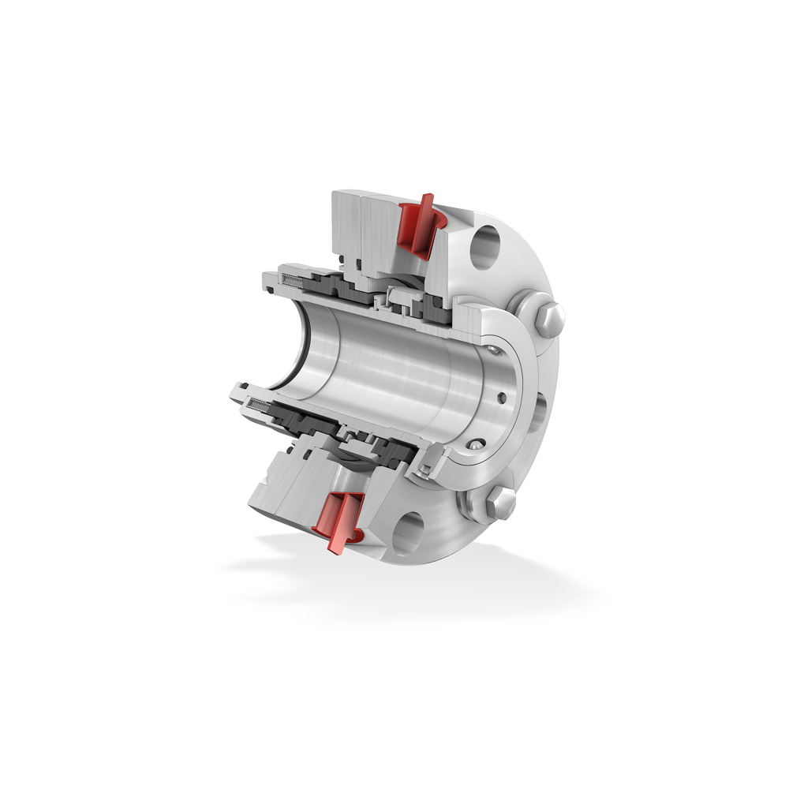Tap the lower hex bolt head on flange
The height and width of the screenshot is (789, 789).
click(501, 501)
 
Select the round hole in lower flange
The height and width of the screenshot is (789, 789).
click(409, 533)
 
